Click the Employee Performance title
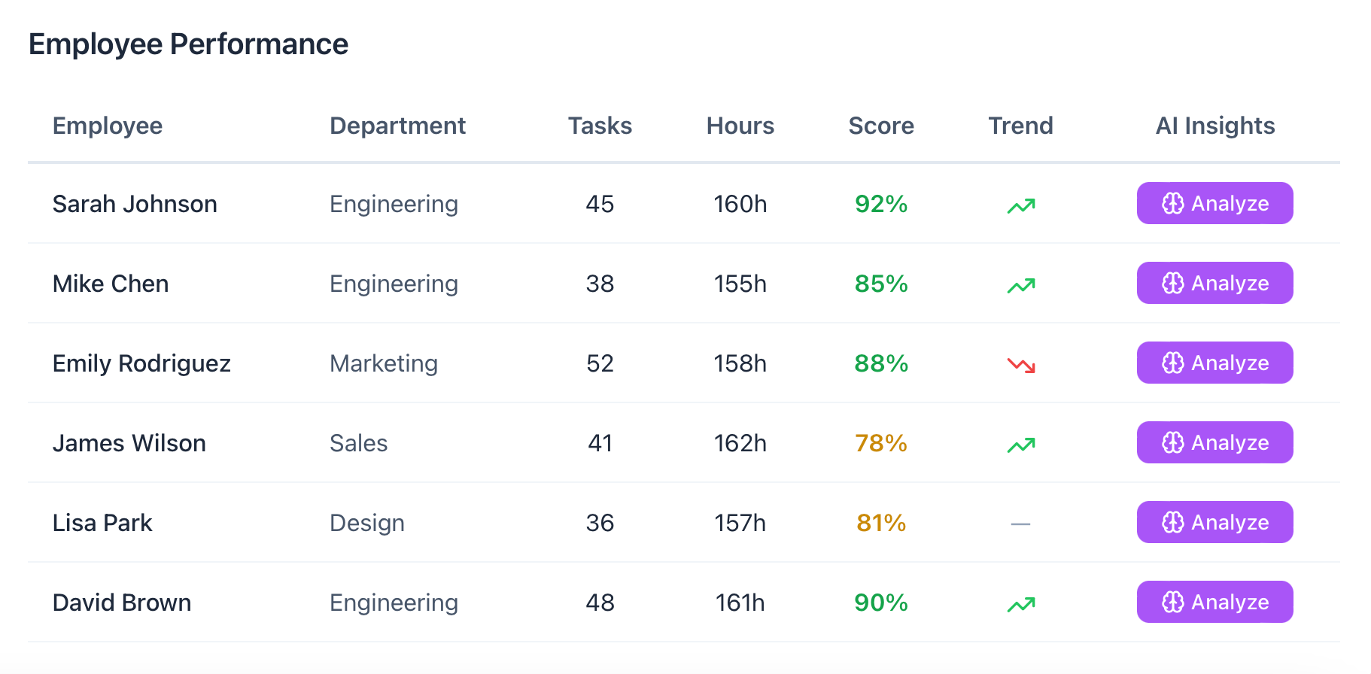[x=188, y=44]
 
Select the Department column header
[x=397, y=126]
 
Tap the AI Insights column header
[x=1214, y=126]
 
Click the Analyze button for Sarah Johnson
[x=1214, y=203]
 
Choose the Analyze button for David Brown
[x=1214, y=602]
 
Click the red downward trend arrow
[x=1021, y=365]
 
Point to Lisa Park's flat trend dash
[x=1020, y=524]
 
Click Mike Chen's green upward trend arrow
[x=1021, y=285]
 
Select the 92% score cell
[x=880, y=204]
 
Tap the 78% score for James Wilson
[x=880, y=443]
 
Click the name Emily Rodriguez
[x=141, y=363]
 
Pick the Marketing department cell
[x=383, y=363]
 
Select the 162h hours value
[x=740, y=443]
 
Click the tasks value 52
[x=600, y=363]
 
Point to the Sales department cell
[x=358, y=443]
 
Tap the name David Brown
[x=122, y=603]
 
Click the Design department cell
[x=366, y=523]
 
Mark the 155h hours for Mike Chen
[x=740, y=284]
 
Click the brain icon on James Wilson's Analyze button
[x=1172, y=442]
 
